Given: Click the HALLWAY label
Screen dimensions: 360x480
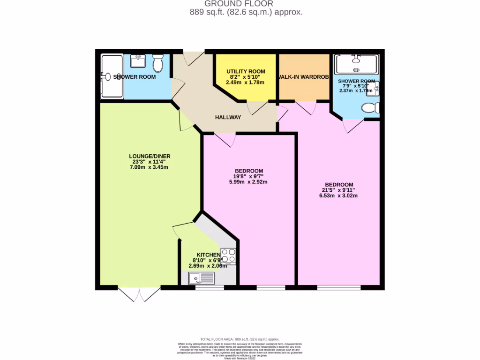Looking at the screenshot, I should click(x=228, y=117).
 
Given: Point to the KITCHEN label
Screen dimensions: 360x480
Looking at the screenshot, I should click(x=206, y=255).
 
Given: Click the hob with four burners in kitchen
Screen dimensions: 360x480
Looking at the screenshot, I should click(x=228, y=255).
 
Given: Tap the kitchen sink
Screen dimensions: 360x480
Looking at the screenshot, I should click(x=201, y=278).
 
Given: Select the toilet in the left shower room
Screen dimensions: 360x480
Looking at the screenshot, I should click(x=157, y=63).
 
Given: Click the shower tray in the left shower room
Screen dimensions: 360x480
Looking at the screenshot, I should click(x=112, y=77).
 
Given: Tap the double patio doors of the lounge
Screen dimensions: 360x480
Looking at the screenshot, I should click(x=139, y=293).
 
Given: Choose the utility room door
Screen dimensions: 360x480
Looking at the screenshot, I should click(x=257, y=108).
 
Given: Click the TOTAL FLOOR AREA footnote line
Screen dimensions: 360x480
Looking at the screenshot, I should click(x=240, y=339).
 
